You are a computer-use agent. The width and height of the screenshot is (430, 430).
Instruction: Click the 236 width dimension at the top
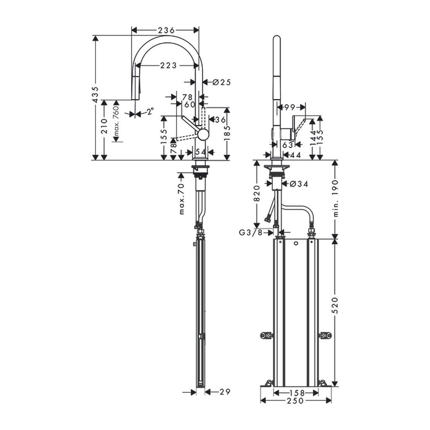tap(166, 30)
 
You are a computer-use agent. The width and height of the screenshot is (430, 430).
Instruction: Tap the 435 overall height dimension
tap(95, 95)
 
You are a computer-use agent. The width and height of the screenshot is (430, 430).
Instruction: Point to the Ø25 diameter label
tap(222, 82)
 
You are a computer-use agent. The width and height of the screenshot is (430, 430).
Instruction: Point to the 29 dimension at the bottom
tap(225, 392)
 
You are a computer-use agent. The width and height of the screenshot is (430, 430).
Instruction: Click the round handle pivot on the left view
tap(202, 134)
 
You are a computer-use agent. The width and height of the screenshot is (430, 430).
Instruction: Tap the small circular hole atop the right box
tap(296, 244)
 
